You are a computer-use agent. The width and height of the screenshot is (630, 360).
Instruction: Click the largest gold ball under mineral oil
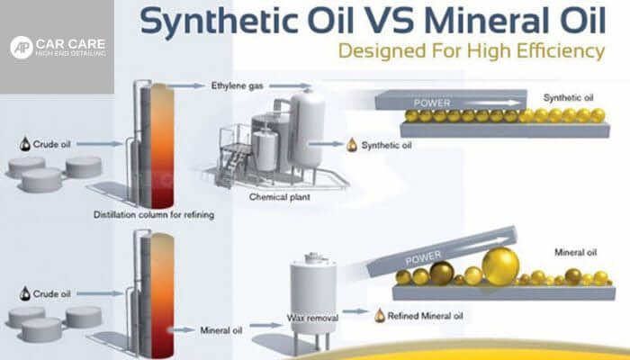click(500, 266)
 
